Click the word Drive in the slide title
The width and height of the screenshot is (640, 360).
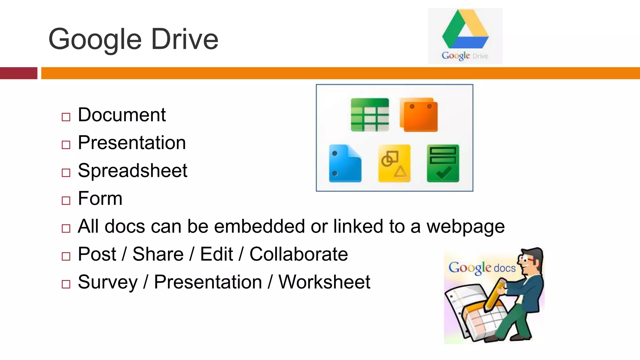(x=185, y=39)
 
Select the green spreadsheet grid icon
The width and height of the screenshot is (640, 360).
(x=370, y=115)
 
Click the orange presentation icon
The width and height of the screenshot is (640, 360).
(x=419, y=115)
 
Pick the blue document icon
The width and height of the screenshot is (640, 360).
(x=345, y=163)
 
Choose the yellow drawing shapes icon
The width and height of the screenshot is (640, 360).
(x=394, y=163)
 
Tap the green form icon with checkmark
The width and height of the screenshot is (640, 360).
(x=443, y=163)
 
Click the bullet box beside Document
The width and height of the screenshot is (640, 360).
(x=66, y=117)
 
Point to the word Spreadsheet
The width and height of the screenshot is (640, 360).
(x=132, y=171)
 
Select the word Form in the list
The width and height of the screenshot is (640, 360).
(x=100, y=198)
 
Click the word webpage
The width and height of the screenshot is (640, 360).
(x=465, y=226)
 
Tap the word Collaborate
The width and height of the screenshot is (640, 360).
(x=298, y=254)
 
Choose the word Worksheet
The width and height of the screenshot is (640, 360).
(x=324, y=282)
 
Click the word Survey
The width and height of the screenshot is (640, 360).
(x=107, y=282)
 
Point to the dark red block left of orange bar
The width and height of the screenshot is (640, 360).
(x=18, y=73)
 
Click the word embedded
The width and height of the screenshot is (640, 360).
(x=259, y=226)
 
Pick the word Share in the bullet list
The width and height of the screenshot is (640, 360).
(x=158, y=254)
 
